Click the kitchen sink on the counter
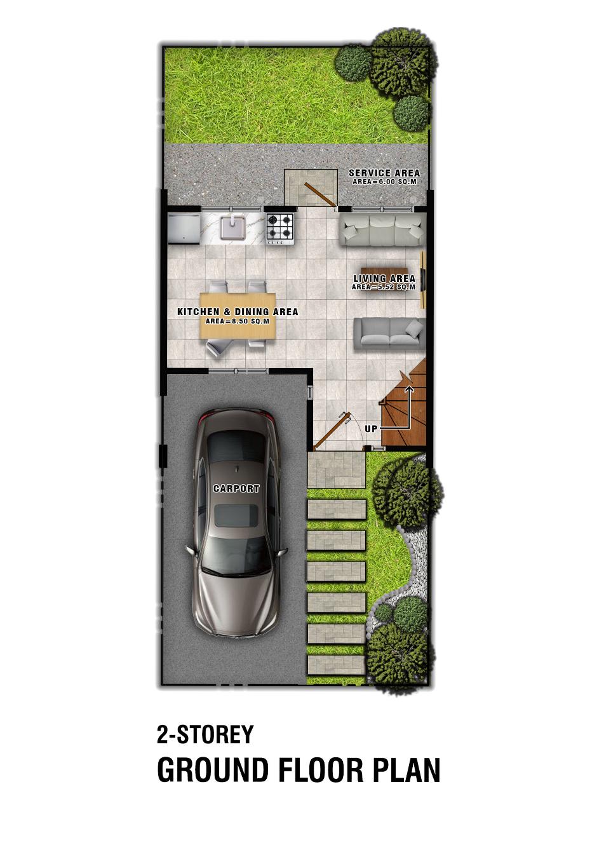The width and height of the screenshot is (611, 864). click(232, 228)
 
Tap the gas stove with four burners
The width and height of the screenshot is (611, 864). click(280, 228)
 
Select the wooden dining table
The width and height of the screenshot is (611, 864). click(238, 316)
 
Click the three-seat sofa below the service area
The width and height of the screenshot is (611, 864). click(381, 229)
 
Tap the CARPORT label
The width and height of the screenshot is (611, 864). click(236, 489)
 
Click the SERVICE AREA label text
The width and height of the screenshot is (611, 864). click(384, 173)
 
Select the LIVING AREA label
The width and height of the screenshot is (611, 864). click(384, 278)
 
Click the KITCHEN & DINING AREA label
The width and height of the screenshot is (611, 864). click(237, 312)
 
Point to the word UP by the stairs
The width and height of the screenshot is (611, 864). click(371, 429)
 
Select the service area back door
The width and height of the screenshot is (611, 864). click(319, 194)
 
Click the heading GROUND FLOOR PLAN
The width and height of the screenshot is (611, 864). click(299, 771)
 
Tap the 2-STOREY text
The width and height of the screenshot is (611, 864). click(205, 734)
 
